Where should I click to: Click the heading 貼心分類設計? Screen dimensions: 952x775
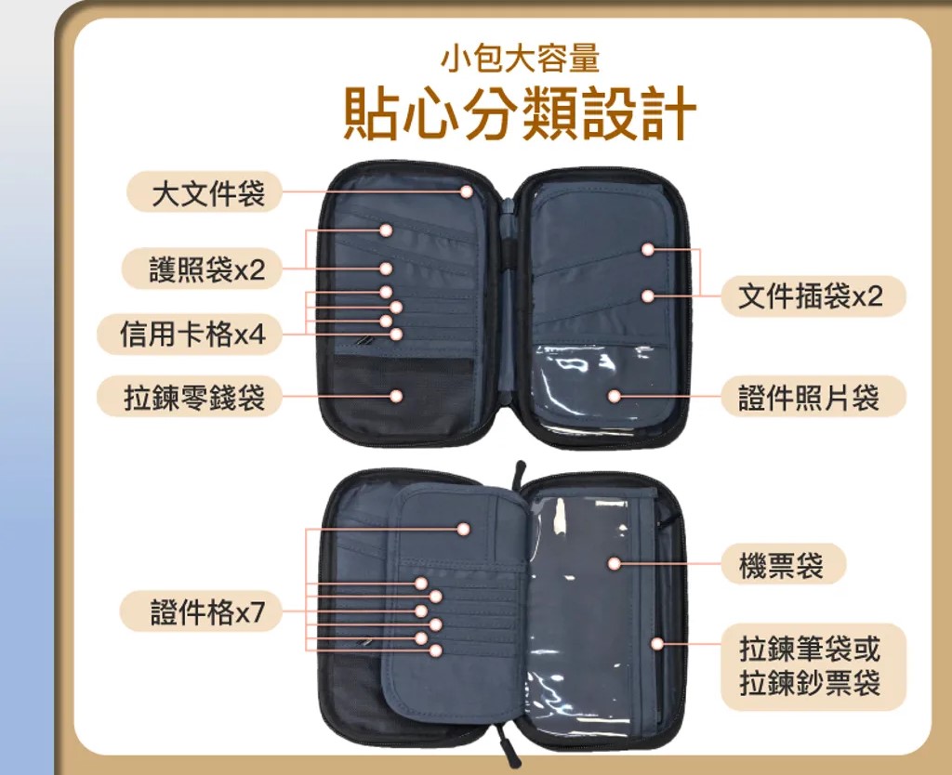[520, 113]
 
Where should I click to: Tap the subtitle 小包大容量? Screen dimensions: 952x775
[521, 59]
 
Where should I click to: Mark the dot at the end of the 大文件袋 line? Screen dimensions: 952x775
[467, 191]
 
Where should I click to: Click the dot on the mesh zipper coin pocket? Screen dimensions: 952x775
[396, 396]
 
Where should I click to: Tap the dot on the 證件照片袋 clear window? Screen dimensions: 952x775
[615, 396]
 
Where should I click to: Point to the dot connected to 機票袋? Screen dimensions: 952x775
[615, 564]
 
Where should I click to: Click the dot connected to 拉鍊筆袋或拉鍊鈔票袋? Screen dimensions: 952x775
[657, 644]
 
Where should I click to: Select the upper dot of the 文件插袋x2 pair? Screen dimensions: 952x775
[648, 249]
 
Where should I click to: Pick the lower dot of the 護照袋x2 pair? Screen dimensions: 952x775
[386, 269]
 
